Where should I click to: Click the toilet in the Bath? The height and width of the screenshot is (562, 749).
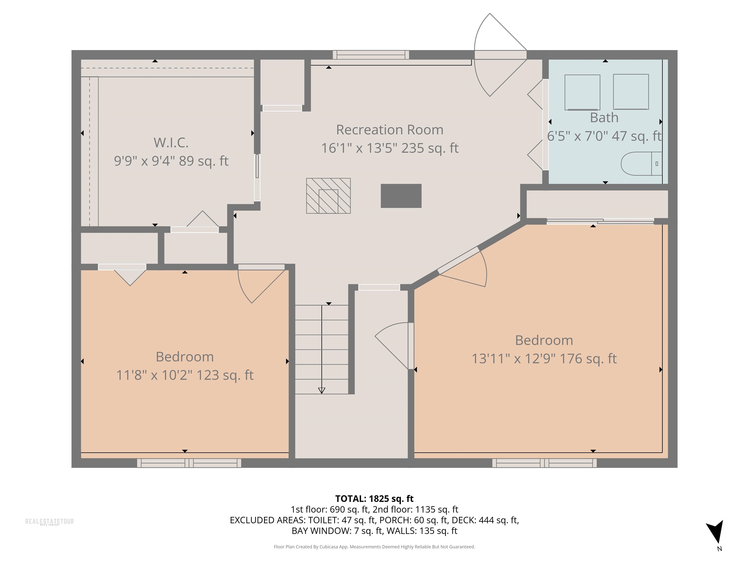coord(641,164)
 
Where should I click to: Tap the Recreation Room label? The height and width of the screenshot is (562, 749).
coord(390,130)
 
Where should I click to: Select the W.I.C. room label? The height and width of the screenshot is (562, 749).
coord(171,143)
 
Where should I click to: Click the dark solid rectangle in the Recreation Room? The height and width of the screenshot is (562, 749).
coord(401,196)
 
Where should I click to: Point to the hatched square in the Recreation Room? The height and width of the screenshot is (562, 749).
coord(328,196)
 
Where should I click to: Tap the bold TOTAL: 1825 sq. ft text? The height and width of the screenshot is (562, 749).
coord(374,499)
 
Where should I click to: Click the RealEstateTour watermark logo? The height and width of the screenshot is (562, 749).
coord(49,522)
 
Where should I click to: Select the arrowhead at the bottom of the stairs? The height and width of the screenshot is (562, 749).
coord(322,391)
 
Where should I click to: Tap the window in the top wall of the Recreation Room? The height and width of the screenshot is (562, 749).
coord(371,55)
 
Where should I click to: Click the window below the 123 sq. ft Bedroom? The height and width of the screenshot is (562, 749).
coord(189,463)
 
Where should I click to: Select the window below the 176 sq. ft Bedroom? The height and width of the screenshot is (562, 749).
coord(544,463)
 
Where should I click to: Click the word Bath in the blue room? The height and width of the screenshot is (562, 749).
coord(604,118)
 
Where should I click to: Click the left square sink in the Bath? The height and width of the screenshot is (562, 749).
coord(582,92)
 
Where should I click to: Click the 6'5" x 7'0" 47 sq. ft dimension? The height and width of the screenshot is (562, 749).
coord(604,136)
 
